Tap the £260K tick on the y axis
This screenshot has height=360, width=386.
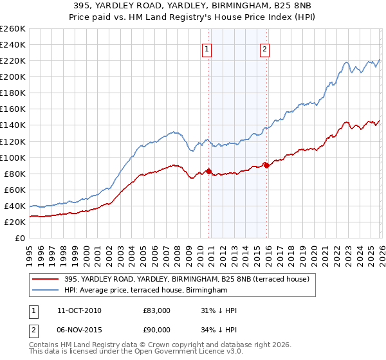[x=12, y=29]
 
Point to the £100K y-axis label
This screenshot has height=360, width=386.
[x=12, y=157]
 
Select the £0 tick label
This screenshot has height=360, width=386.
[x=19, y=238]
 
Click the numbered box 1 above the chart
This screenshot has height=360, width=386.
[x=207, y=50]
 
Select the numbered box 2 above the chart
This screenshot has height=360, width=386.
[x=265, y=50]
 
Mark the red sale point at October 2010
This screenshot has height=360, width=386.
[x=208, y=171]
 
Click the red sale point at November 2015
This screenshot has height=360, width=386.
[x=266, y=165]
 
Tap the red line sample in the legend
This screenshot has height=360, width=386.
[x=46, y=279]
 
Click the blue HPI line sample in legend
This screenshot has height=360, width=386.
[x=46, y=291]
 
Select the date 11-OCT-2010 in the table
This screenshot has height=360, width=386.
[x=79, y=310]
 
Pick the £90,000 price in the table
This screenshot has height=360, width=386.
[x=156, y=330]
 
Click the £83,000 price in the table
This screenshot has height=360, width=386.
[x=156, y=310]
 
